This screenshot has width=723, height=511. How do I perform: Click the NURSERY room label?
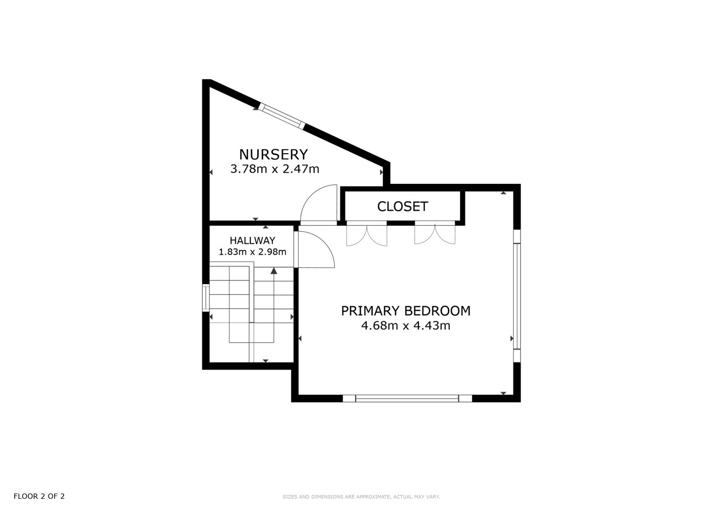[273, 155]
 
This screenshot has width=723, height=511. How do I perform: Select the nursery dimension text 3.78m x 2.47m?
[275, 169]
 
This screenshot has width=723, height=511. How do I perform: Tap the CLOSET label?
[403, 206]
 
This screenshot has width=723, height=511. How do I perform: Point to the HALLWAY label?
[253, 240]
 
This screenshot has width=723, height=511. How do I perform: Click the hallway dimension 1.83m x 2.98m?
[253, 252]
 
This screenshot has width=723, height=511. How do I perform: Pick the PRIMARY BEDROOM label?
[406, 311]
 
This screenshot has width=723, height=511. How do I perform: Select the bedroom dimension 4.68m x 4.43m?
[406, 325]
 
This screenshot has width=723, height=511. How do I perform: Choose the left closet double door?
[366, 234]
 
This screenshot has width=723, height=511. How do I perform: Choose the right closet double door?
[435, 233]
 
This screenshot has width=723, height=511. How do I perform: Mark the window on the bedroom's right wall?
[517, 295]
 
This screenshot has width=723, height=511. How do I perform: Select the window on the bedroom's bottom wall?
[407, 398]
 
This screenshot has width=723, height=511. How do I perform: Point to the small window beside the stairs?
[206, 298]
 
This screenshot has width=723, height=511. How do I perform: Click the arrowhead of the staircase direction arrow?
[274, 271]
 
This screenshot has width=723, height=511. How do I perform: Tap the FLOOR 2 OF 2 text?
[39, 496]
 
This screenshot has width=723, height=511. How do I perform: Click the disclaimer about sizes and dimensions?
[361, 497]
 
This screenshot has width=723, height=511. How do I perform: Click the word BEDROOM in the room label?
[437, 311]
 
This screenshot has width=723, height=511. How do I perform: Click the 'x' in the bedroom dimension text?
[406, 326]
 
